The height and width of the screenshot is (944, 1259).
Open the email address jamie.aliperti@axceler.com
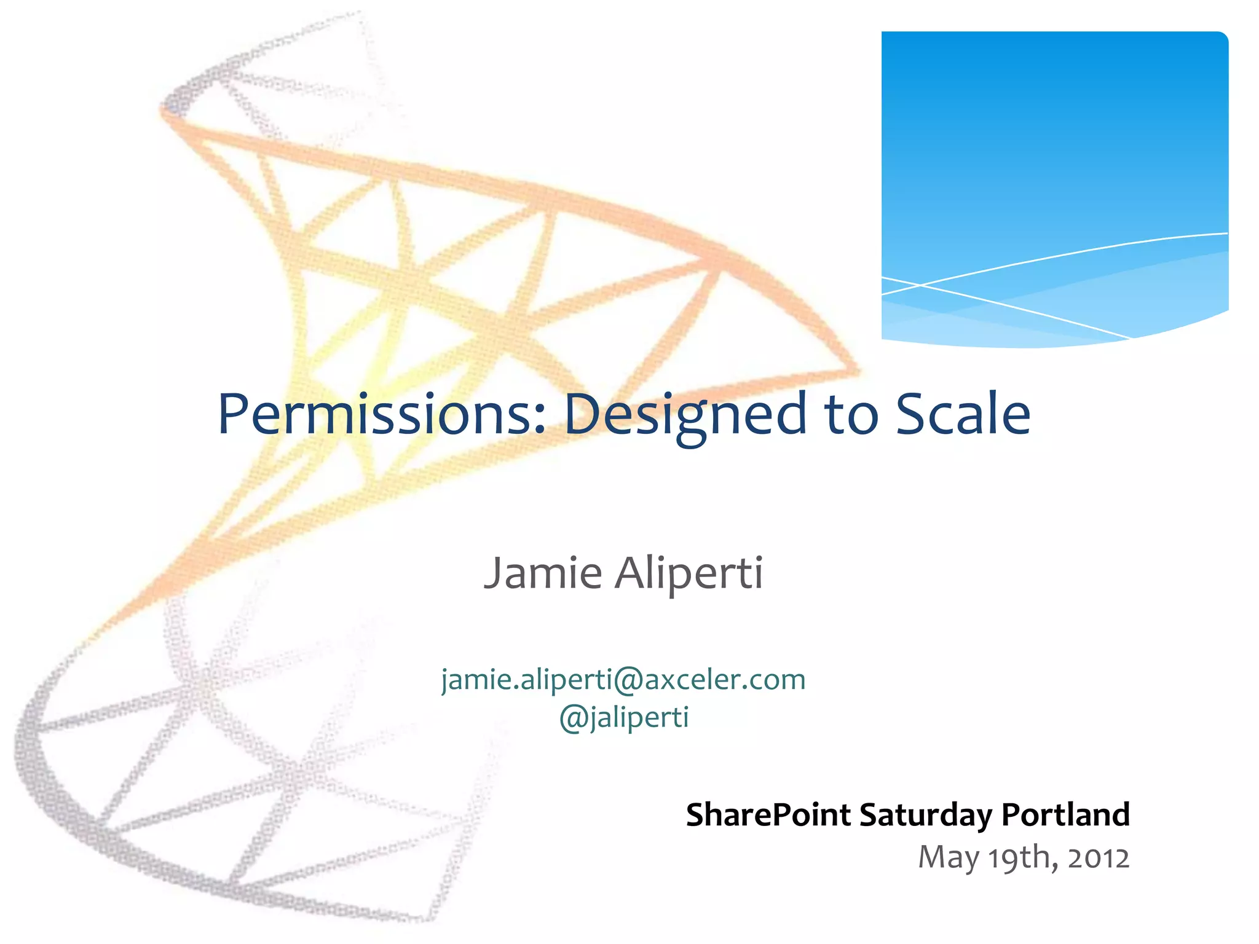pos(623,680)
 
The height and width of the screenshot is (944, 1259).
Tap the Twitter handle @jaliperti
pos(624,717)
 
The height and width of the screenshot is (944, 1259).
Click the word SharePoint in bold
pos(768,815)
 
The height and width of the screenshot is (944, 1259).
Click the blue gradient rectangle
pos(1054,154)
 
